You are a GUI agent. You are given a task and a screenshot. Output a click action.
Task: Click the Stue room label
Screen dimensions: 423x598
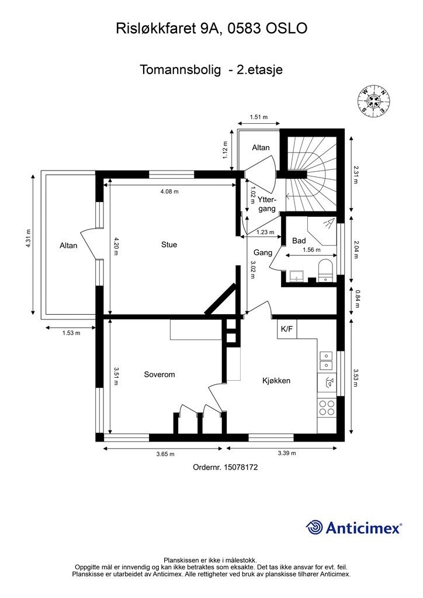[169, 245]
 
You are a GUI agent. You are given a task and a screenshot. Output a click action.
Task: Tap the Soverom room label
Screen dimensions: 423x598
[160, 374]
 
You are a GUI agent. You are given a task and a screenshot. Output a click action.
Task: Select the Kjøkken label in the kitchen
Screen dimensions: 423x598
[276, 381]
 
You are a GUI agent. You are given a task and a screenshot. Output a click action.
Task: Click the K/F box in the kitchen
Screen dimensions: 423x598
[287, 329]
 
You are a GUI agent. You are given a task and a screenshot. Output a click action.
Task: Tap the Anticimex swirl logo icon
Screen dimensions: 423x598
[314, 527]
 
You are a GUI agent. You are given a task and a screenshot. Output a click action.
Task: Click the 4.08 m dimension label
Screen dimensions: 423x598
[169, 192]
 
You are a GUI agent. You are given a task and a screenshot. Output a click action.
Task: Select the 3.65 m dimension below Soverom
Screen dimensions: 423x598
[165, 454]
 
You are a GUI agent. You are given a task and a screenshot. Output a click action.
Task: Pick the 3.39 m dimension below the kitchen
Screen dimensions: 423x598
[287, 453]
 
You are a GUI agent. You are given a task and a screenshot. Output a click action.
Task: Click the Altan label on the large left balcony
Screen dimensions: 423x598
[68, 246]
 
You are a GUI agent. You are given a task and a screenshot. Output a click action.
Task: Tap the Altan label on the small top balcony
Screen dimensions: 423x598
[261, 148]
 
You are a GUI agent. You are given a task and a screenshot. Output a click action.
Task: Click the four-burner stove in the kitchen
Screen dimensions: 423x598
[327, 407]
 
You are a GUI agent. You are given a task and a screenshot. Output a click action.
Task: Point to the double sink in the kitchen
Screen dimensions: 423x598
[327, 361]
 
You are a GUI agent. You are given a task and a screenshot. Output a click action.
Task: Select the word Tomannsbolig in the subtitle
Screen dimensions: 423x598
[180, 70]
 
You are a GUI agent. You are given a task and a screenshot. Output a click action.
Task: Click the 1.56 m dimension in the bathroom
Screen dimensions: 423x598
[311, 250]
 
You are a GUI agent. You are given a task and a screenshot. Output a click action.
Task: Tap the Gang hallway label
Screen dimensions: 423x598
[263, 253]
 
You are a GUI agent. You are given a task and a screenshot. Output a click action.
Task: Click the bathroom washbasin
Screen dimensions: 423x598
[296, 276]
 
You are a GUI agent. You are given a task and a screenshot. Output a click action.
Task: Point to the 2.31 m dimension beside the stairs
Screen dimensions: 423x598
[355, 175]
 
